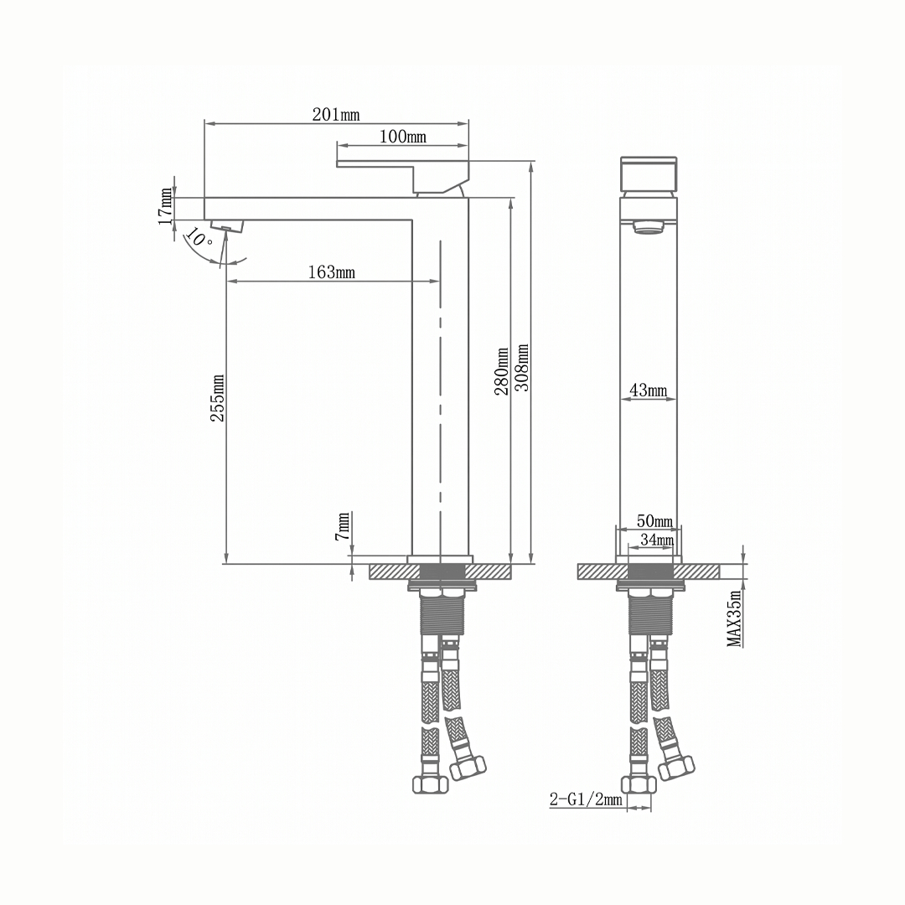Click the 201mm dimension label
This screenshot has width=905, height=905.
[x=336, y=114]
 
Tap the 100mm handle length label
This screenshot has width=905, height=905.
[x=403, y=137]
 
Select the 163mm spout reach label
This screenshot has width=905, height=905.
[x=331, y=271]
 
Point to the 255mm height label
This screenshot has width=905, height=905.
[x=218, y=398]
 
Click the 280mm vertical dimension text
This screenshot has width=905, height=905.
[x=502, y=371]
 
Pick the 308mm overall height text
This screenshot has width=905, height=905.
[x=522, y=368]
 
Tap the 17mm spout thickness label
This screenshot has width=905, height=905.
[x=166, y=206]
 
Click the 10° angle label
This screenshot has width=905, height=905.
[x=199, y=237]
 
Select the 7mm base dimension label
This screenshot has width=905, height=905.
[x=343, y=525]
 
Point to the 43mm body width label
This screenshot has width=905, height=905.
[x=648, y=390]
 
